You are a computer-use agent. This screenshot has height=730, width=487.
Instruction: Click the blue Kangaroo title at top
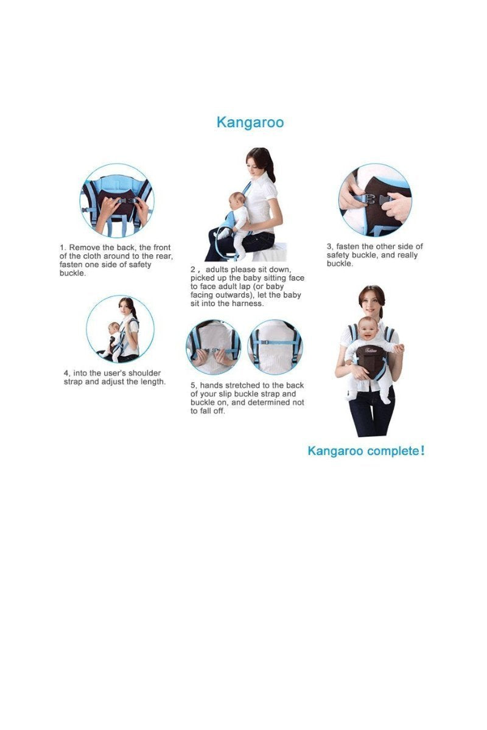[x=250, y=122]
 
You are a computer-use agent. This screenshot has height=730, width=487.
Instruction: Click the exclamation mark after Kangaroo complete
[x=422, y=451]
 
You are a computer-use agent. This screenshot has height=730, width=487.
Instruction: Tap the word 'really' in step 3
[x=407, y=255]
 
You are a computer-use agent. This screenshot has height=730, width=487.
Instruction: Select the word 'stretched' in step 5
[x=242, y=386]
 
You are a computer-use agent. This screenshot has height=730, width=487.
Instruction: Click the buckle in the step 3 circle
[x=375, y=199]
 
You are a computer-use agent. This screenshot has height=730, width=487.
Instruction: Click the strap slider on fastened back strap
[x=265, y=342]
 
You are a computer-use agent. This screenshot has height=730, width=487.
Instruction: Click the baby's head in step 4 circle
[x=114, y=327]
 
